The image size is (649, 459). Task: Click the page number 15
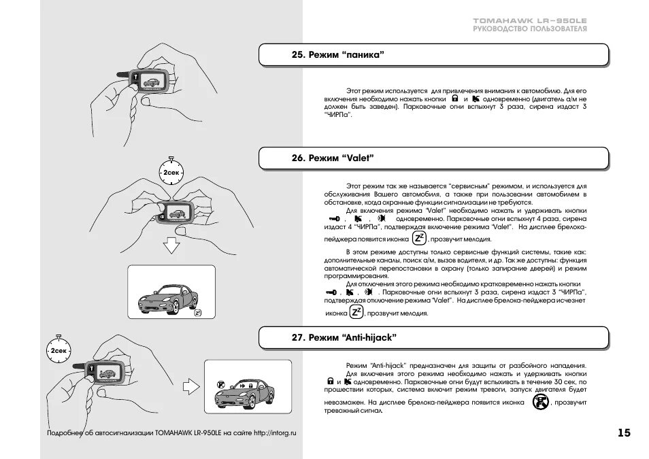624,433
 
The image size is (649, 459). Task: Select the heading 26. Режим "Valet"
333,158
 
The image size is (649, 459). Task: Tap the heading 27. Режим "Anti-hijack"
344,337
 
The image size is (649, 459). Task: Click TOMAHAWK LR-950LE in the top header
530,21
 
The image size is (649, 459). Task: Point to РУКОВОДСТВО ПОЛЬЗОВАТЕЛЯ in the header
530,29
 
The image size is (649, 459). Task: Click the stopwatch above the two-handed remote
171,173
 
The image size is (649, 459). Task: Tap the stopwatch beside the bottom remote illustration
59,350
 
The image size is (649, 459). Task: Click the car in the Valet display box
166,296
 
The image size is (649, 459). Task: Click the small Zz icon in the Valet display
197,313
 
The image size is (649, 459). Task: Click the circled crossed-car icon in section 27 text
539,403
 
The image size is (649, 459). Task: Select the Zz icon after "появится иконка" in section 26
419,238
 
